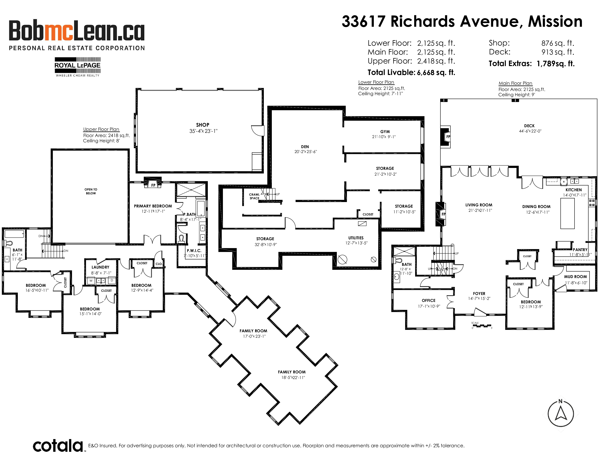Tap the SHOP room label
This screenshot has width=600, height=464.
[203, 125]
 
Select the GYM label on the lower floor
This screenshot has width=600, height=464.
[385, 132]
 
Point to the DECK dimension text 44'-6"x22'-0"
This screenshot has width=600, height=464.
[530, 131]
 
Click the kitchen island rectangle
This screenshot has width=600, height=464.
[567, 213]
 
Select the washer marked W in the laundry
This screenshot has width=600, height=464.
[91, 281]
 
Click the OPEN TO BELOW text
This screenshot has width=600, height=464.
[91, 191]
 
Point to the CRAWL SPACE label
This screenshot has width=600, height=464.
[254, 196]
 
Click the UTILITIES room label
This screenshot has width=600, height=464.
[356, 238]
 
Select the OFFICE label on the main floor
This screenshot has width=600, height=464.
[429, 300]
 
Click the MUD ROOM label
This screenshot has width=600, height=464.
[575, 277]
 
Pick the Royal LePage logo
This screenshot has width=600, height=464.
[77, 67]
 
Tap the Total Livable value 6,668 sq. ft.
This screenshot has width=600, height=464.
[436, 73]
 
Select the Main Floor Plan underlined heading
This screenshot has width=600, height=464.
[515, 83]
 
